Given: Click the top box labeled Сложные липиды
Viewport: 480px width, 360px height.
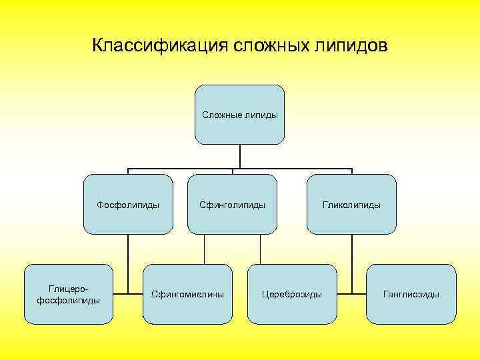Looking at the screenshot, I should pyautogui.click(x=239, y=115).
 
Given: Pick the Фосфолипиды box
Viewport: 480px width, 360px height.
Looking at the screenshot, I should pyautogui.click(x=128, y=204).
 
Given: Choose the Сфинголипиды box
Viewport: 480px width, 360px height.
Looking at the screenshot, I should pyautogui.click(x=232, y=204).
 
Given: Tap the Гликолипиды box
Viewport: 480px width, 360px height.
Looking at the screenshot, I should pyautogui.click(x=351, y=204).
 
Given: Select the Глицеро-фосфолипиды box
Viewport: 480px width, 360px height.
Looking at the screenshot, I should pyautogui.click(x=69, y=294).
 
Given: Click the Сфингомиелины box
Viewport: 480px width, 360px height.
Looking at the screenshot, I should pyautogui.click(x=187, y=294).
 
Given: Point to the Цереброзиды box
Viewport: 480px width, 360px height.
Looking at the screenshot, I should pyautogui.click(x=292, y=294).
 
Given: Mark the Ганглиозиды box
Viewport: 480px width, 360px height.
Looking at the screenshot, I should pyautogui.click(x=411, y=294).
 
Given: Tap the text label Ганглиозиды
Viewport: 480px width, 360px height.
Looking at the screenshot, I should pyautogui.click(x=411, y=294).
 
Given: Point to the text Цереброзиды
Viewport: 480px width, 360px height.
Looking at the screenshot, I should pyautogui.click(x=292, y=294).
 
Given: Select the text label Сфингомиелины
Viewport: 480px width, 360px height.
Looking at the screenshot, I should pyautogui.click(x=187, y=294).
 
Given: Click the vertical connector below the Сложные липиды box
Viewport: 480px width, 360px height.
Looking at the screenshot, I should pyautogui.click(x=240, y=156).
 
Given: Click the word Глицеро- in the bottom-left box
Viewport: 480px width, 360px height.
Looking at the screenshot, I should pyautogui.click(x=68, y=289).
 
